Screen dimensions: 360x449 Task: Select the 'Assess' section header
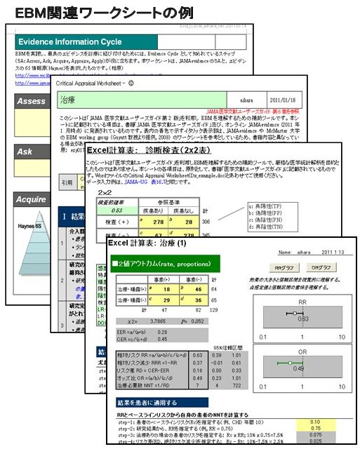[x=32, y=102]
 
